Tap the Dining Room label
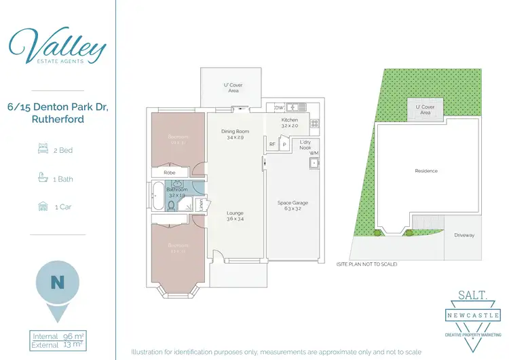(x=235, y=134)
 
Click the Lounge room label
(x=235, y=216)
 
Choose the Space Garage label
(x=293, y=206)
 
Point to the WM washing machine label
(x=314, y=154)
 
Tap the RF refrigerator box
(x=272, y=144)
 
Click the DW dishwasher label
(x=279, y=108)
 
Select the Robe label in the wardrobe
(x=170, y=173)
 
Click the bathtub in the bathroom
(x=157, y=196)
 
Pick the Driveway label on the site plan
(x=464, y=235)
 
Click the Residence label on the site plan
(x=426, y=171)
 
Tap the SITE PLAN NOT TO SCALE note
(x=366, y=264)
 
